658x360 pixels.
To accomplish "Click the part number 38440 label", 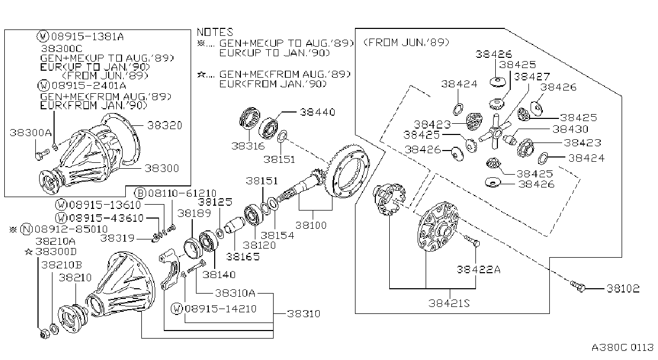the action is click(x=317, y=112).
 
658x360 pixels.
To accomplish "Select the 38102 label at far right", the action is click(x=623, y=289).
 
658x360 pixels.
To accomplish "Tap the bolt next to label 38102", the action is click(x=578, y=286).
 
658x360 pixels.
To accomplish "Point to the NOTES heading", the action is click(x=215, y=32).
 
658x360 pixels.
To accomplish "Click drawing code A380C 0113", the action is click(x=623, y=347).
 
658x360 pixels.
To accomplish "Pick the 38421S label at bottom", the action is click(x=449, y=303).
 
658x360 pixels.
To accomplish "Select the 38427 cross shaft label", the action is click(x=532, y=77).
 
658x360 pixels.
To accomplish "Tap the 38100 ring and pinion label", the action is click(x=311, y=226).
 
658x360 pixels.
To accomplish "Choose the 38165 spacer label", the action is click(x=243, y=257).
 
